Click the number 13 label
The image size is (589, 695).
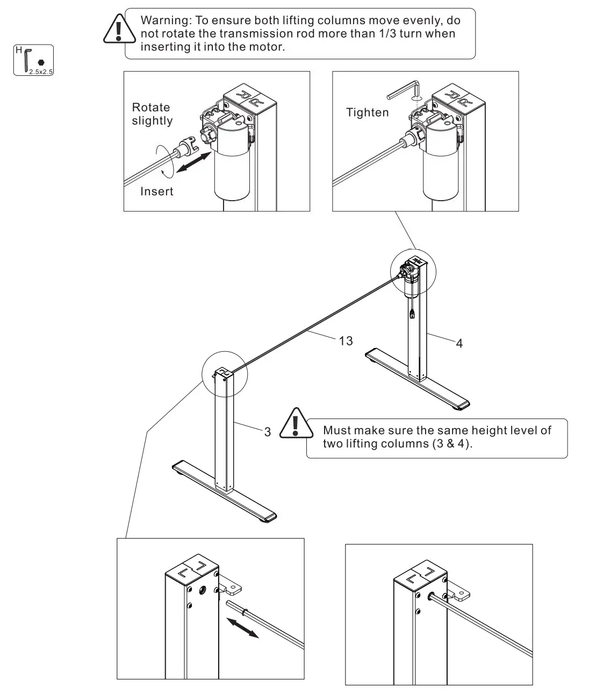click(346, 341)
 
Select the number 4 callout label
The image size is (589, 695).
click(459, 343)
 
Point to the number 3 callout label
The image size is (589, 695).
click(267, 432)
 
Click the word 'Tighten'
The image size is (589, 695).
click(367, 112)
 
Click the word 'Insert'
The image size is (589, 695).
click(156, 191)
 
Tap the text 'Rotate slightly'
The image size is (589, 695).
click(152, 114)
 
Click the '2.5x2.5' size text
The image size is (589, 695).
click(41, 71)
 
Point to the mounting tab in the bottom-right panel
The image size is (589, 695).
click(461, 592)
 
